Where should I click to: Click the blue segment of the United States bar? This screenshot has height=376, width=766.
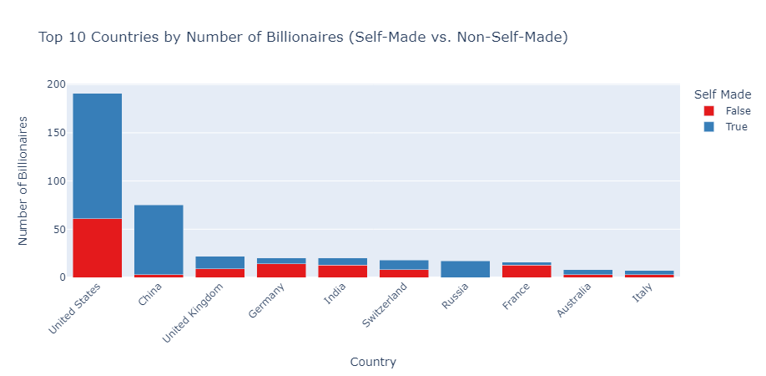click(x=97, y=155)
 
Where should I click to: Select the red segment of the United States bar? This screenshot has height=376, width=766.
click(x=97, y=247)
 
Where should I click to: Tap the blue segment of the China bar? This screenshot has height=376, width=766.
click(x=159, y=239)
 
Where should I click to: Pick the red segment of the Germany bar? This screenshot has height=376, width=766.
click(x=281, y=270)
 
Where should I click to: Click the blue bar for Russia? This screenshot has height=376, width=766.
click(x=465, y=269)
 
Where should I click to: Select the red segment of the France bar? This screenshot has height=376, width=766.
click(x=527, y=271)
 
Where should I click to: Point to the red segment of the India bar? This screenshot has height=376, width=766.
click(x=342, y=271)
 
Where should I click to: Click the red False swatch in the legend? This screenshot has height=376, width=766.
click(x=709, y=111)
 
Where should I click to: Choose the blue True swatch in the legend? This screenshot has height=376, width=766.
click(x=709, y=127)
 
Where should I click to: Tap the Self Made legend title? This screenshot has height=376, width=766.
click(x=723, y=94)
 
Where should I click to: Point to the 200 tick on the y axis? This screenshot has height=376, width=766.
click(x=56, y=84)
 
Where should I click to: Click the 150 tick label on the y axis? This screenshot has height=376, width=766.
click(x=56, y=133)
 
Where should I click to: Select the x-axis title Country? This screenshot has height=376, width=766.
click(x=373, y=362)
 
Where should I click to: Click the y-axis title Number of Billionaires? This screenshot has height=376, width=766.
click(x=23, y=180)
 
